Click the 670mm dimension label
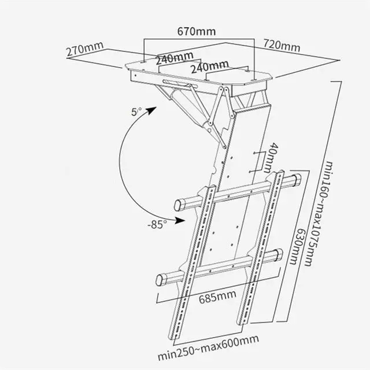pyautogui.click(x=196, y=29)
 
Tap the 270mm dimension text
pyautogui.click(x=86, y=50)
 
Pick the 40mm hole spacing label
pyautogui.click(x=272, y=157)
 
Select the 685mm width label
pyautogui.click(x=217, y=299)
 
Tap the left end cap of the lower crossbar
pyautogui.click(x=162, y=280)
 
